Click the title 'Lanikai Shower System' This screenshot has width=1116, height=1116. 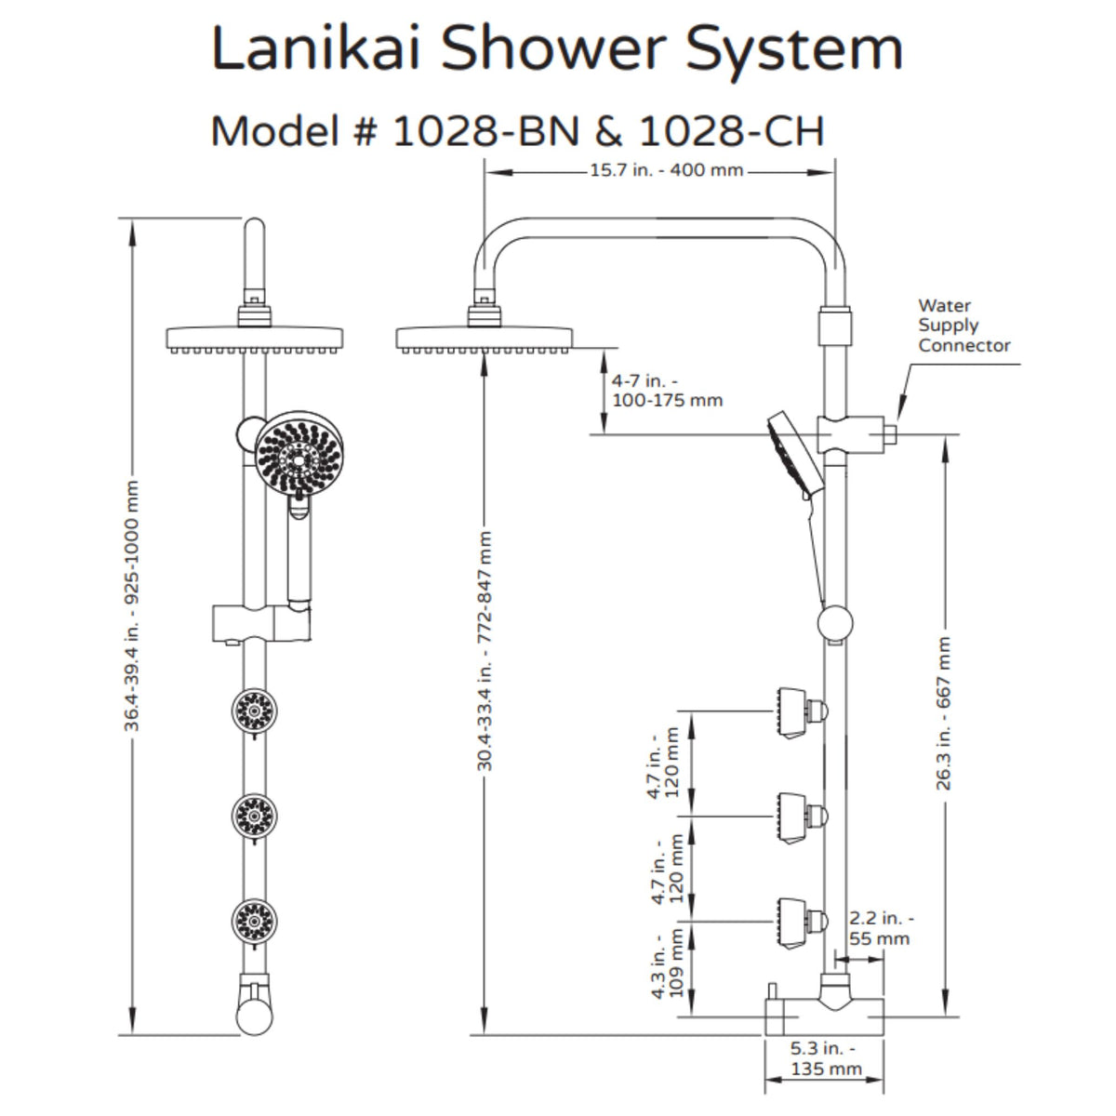click(x=557, y=48)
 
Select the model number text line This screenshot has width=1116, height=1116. click(x=517, y=131)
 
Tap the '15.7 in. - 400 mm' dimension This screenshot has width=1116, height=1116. click(x=666, y=171)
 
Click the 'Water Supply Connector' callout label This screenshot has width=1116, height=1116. click(x=963, y=325)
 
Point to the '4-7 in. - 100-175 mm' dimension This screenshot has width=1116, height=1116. click(x=666, y=391)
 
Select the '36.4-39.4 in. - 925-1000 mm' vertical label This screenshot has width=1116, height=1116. click(x=133, y=606)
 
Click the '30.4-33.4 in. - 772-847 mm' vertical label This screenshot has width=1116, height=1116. click(x=485, y=651)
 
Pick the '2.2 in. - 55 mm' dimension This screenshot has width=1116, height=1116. click(x=880, y=928)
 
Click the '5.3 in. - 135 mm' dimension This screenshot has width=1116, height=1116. click(x=825, y=1058)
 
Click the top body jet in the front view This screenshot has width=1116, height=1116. click(x=253, y=712)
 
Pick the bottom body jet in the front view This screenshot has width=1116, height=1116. click(x=253, y=921)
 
